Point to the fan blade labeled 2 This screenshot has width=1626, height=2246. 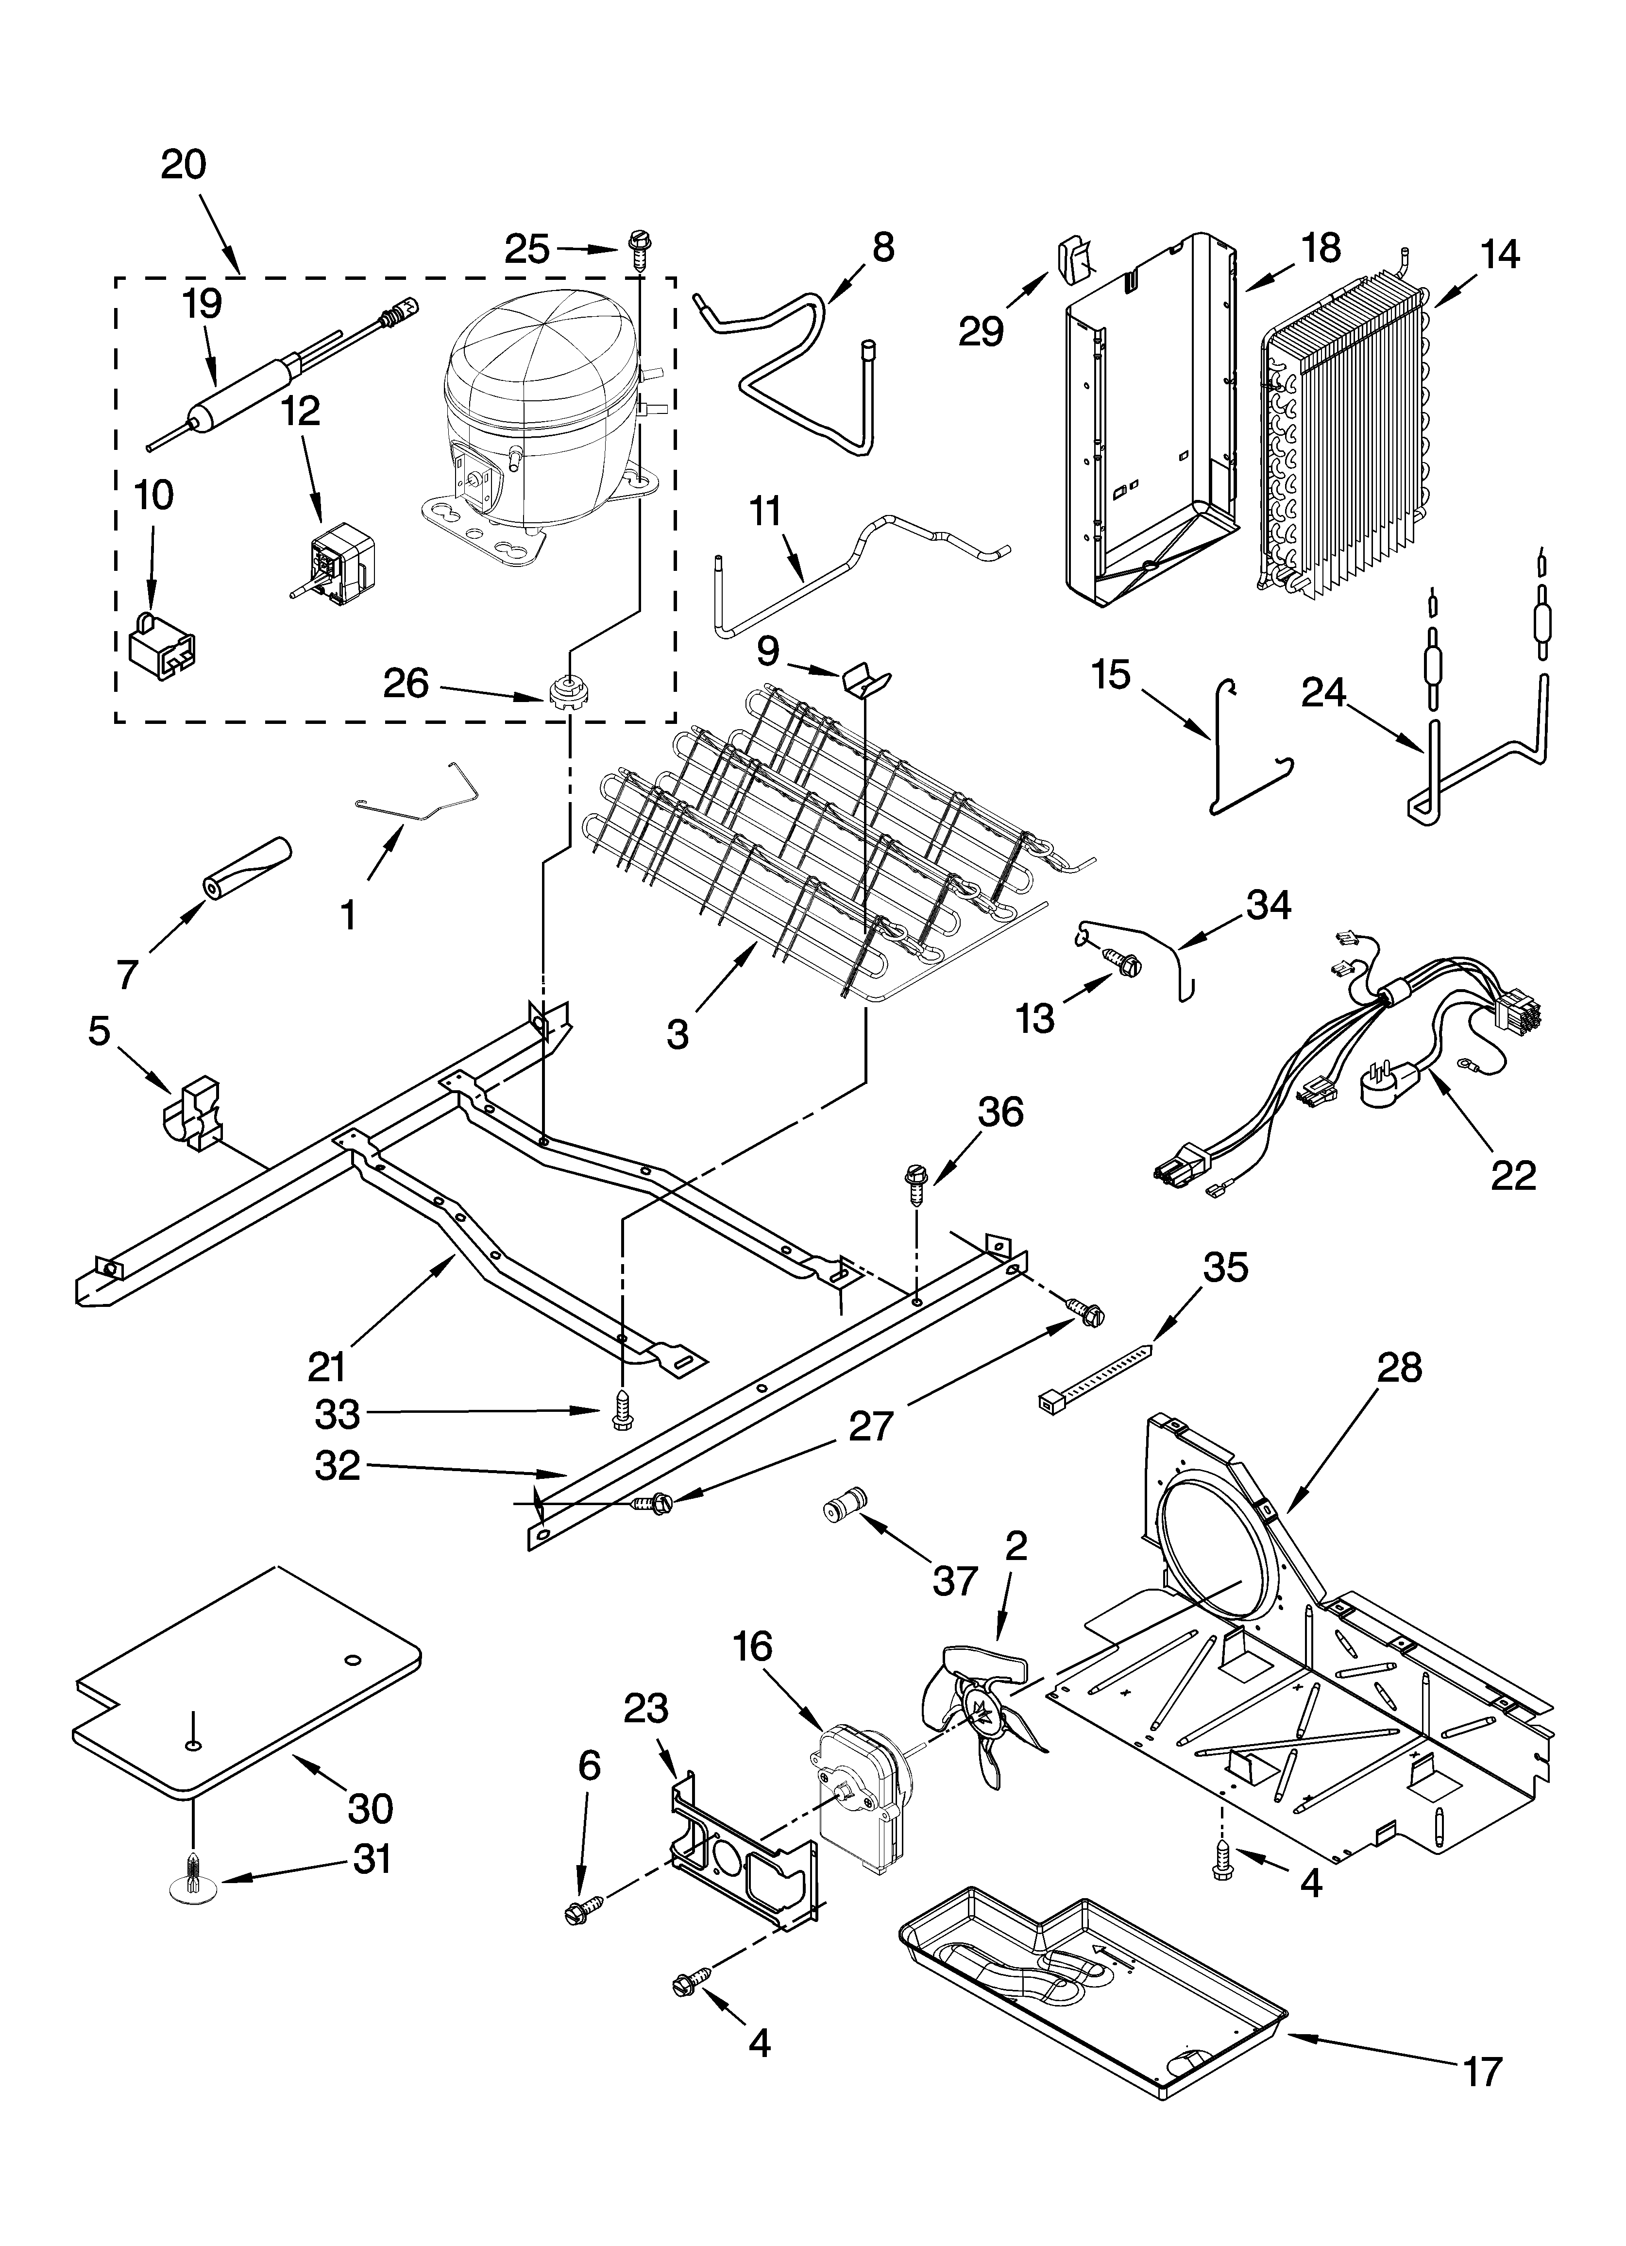[x=990, y=1722]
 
